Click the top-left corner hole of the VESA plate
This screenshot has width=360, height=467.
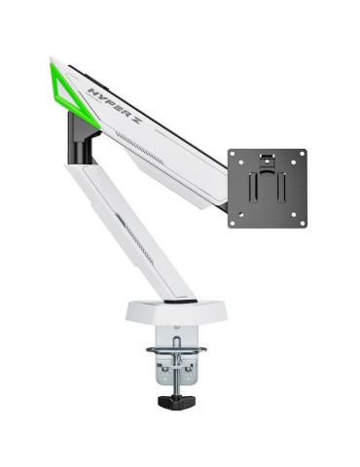(x=234, y=155)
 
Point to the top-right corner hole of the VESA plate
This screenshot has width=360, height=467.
(x=301, y=155)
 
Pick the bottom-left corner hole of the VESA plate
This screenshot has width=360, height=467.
(x=234, y=223)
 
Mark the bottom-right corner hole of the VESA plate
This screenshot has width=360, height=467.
(x=301, y=223)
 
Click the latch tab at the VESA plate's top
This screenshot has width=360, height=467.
(x=268, y=155)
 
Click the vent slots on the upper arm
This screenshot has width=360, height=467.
(x=156, y=145)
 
